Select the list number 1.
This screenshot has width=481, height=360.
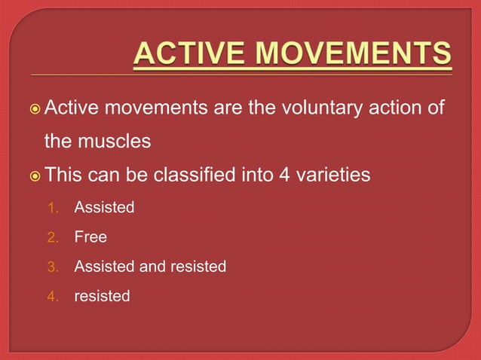tap(52, 207)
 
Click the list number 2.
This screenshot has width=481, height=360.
tap(52, 237)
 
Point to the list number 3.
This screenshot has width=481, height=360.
tap(52, 267)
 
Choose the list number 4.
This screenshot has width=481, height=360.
tap(52, 297)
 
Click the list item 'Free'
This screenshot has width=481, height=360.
tap(90, 237)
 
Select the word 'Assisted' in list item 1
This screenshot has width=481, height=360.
tap(104, 207)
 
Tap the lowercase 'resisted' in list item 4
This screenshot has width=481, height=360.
tap(102, 297)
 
